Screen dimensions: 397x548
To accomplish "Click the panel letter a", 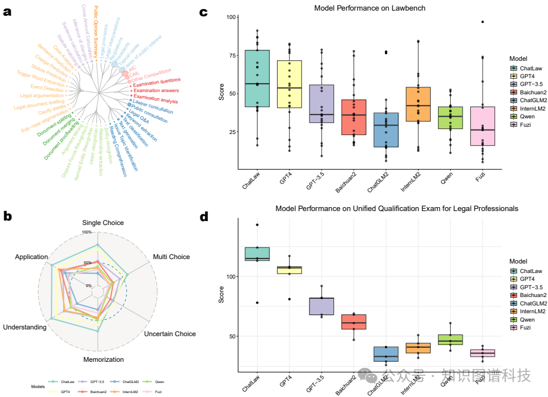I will tap(7, 12).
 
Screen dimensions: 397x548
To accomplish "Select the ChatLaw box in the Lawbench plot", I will tap(257, 78).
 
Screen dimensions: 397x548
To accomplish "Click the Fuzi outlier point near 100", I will tap(482, 22).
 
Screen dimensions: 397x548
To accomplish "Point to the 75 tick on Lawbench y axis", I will tap(230, 55).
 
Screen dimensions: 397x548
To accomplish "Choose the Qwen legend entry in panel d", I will tap(527, 319).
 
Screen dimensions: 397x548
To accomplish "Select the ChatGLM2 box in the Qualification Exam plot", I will tap(385, 354).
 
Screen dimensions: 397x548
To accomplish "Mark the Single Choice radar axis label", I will tap(103, 223).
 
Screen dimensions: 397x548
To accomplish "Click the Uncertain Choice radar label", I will tap(170, 334).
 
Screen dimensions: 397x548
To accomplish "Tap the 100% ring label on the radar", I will tap(87, 232).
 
